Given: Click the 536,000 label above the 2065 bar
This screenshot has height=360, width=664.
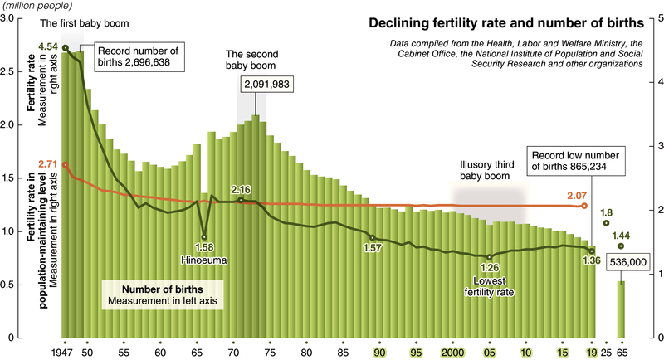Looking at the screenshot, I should tap(627, 263).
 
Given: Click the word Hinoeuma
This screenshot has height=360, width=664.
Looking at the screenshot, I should tap(204, 260).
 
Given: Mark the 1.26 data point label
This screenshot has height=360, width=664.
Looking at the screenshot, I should tap(489, 268).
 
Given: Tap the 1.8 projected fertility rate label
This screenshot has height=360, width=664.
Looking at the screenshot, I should tap(607, 212).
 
